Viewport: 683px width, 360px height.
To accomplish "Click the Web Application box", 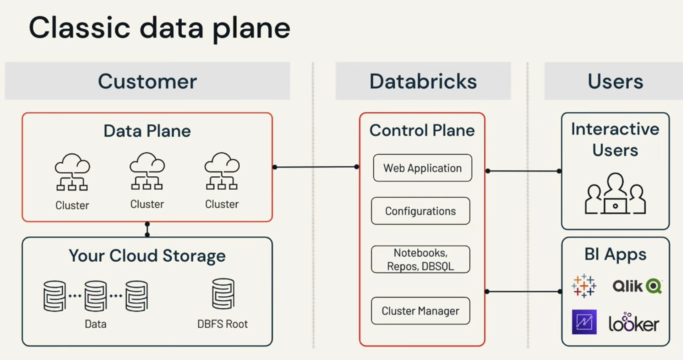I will click(x=422, y=168).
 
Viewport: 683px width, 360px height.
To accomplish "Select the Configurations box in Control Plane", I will click(x=420, y=211).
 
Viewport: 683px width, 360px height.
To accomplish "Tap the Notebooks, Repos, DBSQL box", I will click(x=420, y=259).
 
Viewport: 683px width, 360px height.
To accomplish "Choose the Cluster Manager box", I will click(x=420, y=311).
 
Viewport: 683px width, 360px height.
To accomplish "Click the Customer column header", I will click(x=147, y=81).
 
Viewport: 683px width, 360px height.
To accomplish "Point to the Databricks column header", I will click(x=423, y=81).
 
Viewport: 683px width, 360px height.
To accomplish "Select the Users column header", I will click(x=615, y=81).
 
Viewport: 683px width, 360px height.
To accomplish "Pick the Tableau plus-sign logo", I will click(x=584, y=286).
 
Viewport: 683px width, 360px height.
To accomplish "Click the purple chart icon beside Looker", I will click(x=584, y=322).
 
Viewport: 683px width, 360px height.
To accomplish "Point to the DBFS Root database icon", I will click(x=223, y=294).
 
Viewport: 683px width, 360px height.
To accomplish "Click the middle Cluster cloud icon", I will click(x=147, y=171).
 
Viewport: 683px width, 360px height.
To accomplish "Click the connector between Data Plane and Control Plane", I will click(x=315, y=167).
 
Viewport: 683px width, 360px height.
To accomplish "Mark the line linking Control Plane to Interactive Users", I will click(x=523, y=171).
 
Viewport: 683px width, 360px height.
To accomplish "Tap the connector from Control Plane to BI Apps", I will click(x=523, y=292).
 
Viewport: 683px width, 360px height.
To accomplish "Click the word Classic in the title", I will click(x=79, y=28).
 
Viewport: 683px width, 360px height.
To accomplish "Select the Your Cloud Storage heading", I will click(x=147, y=256).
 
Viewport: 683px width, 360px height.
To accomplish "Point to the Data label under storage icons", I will click(x=95, y=324).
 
